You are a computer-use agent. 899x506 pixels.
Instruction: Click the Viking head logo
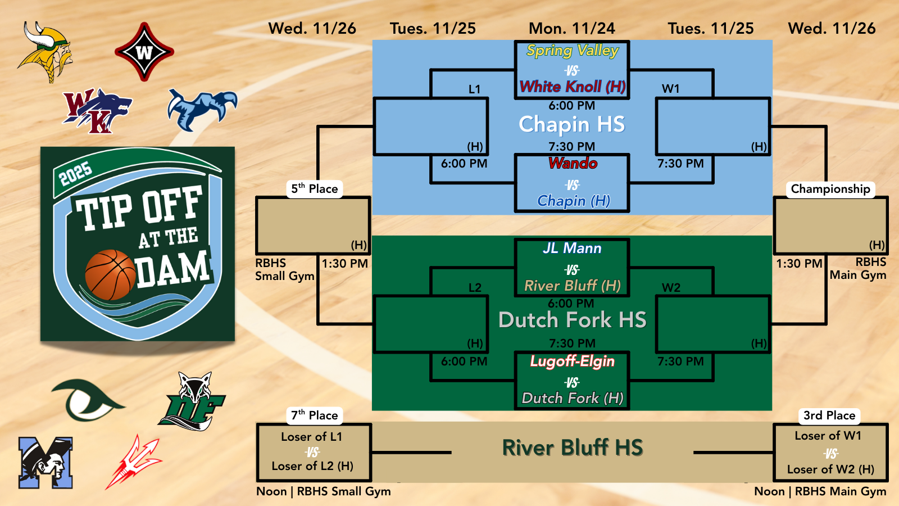point(45,52)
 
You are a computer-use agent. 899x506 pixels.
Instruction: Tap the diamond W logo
point(144,52)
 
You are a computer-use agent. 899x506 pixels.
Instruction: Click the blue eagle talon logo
point(202,109)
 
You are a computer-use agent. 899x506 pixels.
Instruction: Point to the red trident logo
point(134,462)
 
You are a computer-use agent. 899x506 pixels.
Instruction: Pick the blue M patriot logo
point(46,463)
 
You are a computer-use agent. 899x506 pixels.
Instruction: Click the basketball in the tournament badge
point(110,275)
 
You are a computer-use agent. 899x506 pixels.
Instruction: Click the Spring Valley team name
point(573,51)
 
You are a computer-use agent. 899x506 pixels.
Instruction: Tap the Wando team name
point(573,163)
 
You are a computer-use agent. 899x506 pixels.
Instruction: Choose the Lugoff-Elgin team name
point(573,361)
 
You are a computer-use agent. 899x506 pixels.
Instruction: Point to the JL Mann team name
point(573,248)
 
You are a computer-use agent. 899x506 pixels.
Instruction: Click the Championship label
point(830,189)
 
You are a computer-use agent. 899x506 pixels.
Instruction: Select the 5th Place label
point(314,189)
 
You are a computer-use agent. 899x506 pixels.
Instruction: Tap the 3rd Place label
point(829,415)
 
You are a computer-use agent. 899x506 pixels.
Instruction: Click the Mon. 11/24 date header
point(572,29)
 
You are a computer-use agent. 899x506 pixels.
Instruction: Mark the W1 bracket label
point(671,89)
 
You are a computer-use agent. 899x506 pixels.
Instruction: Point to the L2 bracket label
point(475,287)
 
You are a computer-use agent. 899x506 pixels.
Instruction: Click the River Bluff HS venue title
point(573,448)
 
